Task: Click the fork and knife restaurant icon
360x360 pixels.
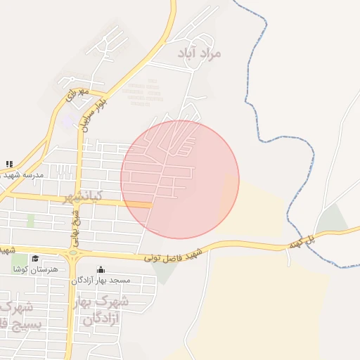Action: [9, 164]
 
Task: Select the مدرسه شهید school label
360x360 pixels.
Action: [24, 174]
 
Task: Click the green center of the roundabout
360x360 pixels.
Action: [72, 253]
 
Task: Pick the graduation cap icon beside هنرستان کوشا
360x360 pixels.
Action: [35, 258]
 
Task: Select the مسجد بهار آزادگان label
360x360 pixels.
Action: [105, 280]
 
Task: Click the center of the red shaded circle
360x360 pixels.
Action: [180, 179]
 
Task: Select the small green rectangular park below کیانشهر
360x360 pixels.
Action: [31, 220]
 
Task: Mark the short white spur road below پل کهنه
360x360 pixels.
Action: [288, 257]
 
